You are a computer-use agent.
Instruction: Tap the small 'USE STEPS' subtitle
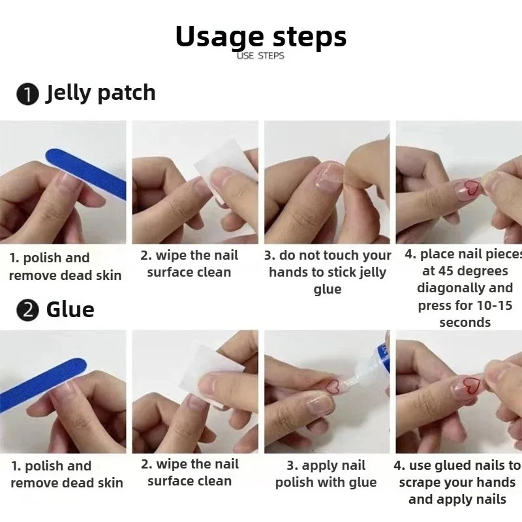coord(261,56)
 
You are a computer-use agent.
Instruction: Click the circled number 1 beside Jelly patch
coord(27,95)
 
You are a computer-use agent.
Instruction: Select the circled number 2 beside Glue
coord(27,311)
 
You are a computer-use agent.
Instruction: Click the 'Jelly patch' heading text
coord(100,93)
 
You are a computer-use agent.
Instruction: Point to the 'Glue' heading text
coord(70,309)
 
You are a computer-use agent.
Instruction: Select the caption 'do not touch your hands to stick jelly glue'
coord(328,272)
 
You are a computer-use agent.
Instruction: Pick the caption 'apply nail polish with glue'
coord(326,474)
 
